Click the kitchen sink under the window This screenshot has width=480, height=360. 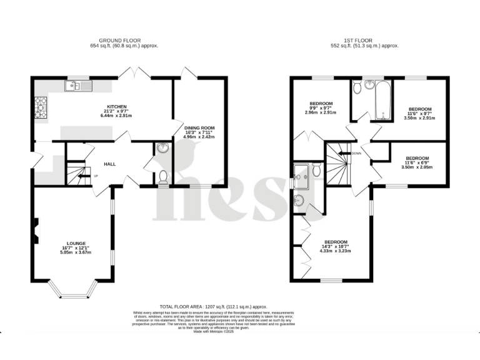[x=79, y=86]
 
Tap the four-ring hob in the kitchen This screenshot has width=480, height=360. [x=41, y=107]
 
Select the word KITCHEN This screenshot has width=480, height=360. [x=117, y=106]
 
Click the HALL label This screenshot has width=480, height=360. [x=110, y=164]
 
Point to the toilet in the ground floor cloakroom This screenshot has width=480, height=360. [x=163, y=177]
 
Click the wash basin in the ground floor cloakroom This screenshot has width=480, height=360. [x=162, y=148]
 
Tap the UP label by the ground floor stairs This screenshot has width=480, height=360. [x=96, y=176]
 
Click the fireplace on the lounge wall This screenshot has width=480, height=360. [x=36, y=228]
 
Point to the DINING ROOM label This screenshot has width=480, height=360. [x=199, y=127]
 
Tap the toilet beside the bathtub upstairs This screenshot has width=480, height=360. [x=357, y=89]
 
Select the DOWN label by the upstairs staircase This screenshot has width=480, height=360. [x=356, y=153]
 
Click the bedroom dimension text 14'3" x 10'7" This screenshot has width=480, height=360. [x=336, y=246]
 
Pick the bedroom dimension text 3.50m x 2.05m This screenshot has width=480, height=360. [x=417, y=168]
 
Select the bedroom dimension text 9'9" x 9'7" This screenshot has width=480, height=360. [x=322, y=108]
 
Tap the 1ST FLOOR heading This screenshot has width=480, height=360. [x=365, y=41]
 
